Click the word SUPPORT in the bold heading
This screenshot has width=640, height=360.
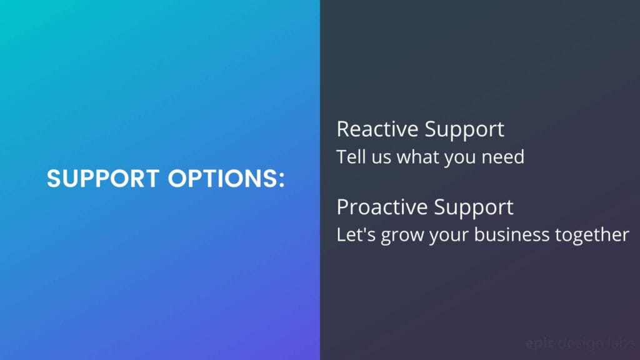tap(103, 178)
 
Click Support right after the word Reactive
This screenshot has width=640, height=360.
tap(464, 130)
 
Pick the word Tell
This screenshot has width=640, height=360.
tap(351, 157)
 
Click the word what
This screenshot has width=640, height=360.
tap(417, 157)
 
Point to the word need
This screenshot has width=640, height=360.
tap(503, 157)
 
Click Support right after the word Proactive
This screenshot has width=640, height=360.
tap(474, 208)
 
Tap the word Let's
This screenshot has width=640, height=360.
tap(356, 235)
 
